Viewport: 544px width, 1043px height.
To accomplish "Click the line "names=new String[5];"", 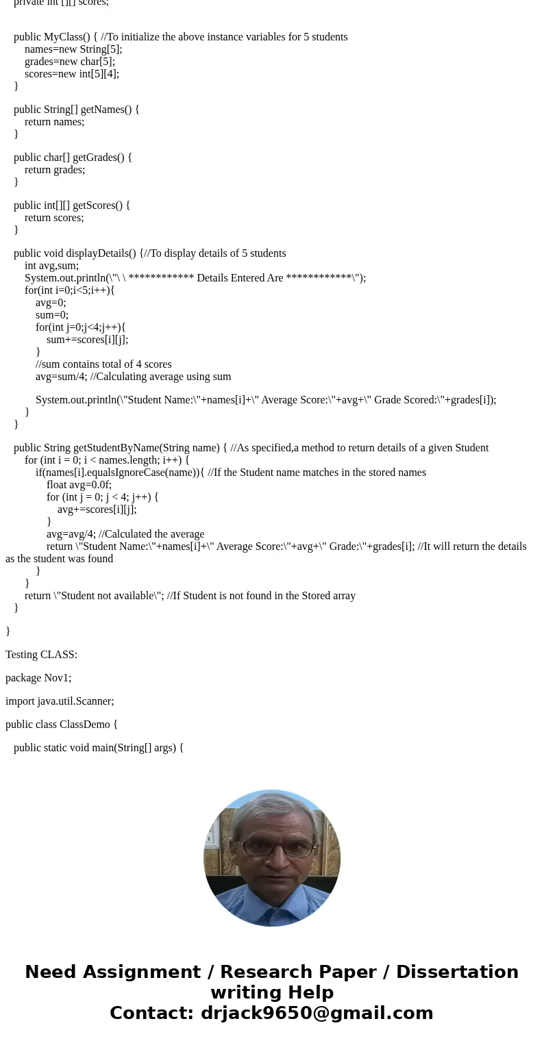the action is [73, 49].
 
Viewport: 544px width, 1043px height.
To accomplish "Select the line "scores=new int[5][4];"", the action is [72, 74].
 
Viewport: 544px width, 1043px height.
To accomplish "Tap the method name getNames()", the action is [103, 110].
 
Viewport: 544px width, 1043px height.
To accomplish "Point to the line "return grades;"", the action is [55, 170].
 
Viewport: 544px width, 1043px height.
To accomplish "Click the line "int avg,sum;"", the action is [51, 266].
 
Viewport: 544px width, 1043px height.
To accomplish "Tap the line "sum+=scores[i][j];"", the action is [87, 340].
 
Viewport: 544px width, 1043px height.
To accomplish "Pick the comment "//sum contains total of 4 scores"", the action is [103, 364].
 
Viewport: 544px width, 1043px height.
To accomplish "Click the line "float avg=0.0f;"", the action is [79, 485].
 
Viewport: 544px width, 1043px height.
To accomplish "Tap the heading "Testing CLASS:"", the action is [41, 655].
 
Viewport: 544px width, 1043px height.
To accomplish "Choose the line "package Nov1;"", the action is [38, 678].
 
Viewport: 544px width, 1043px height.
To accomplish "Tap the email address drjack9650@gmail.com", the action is [317, 1013].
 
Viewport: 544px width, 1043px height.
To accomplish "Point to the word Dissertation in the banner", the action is [457, 972].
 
